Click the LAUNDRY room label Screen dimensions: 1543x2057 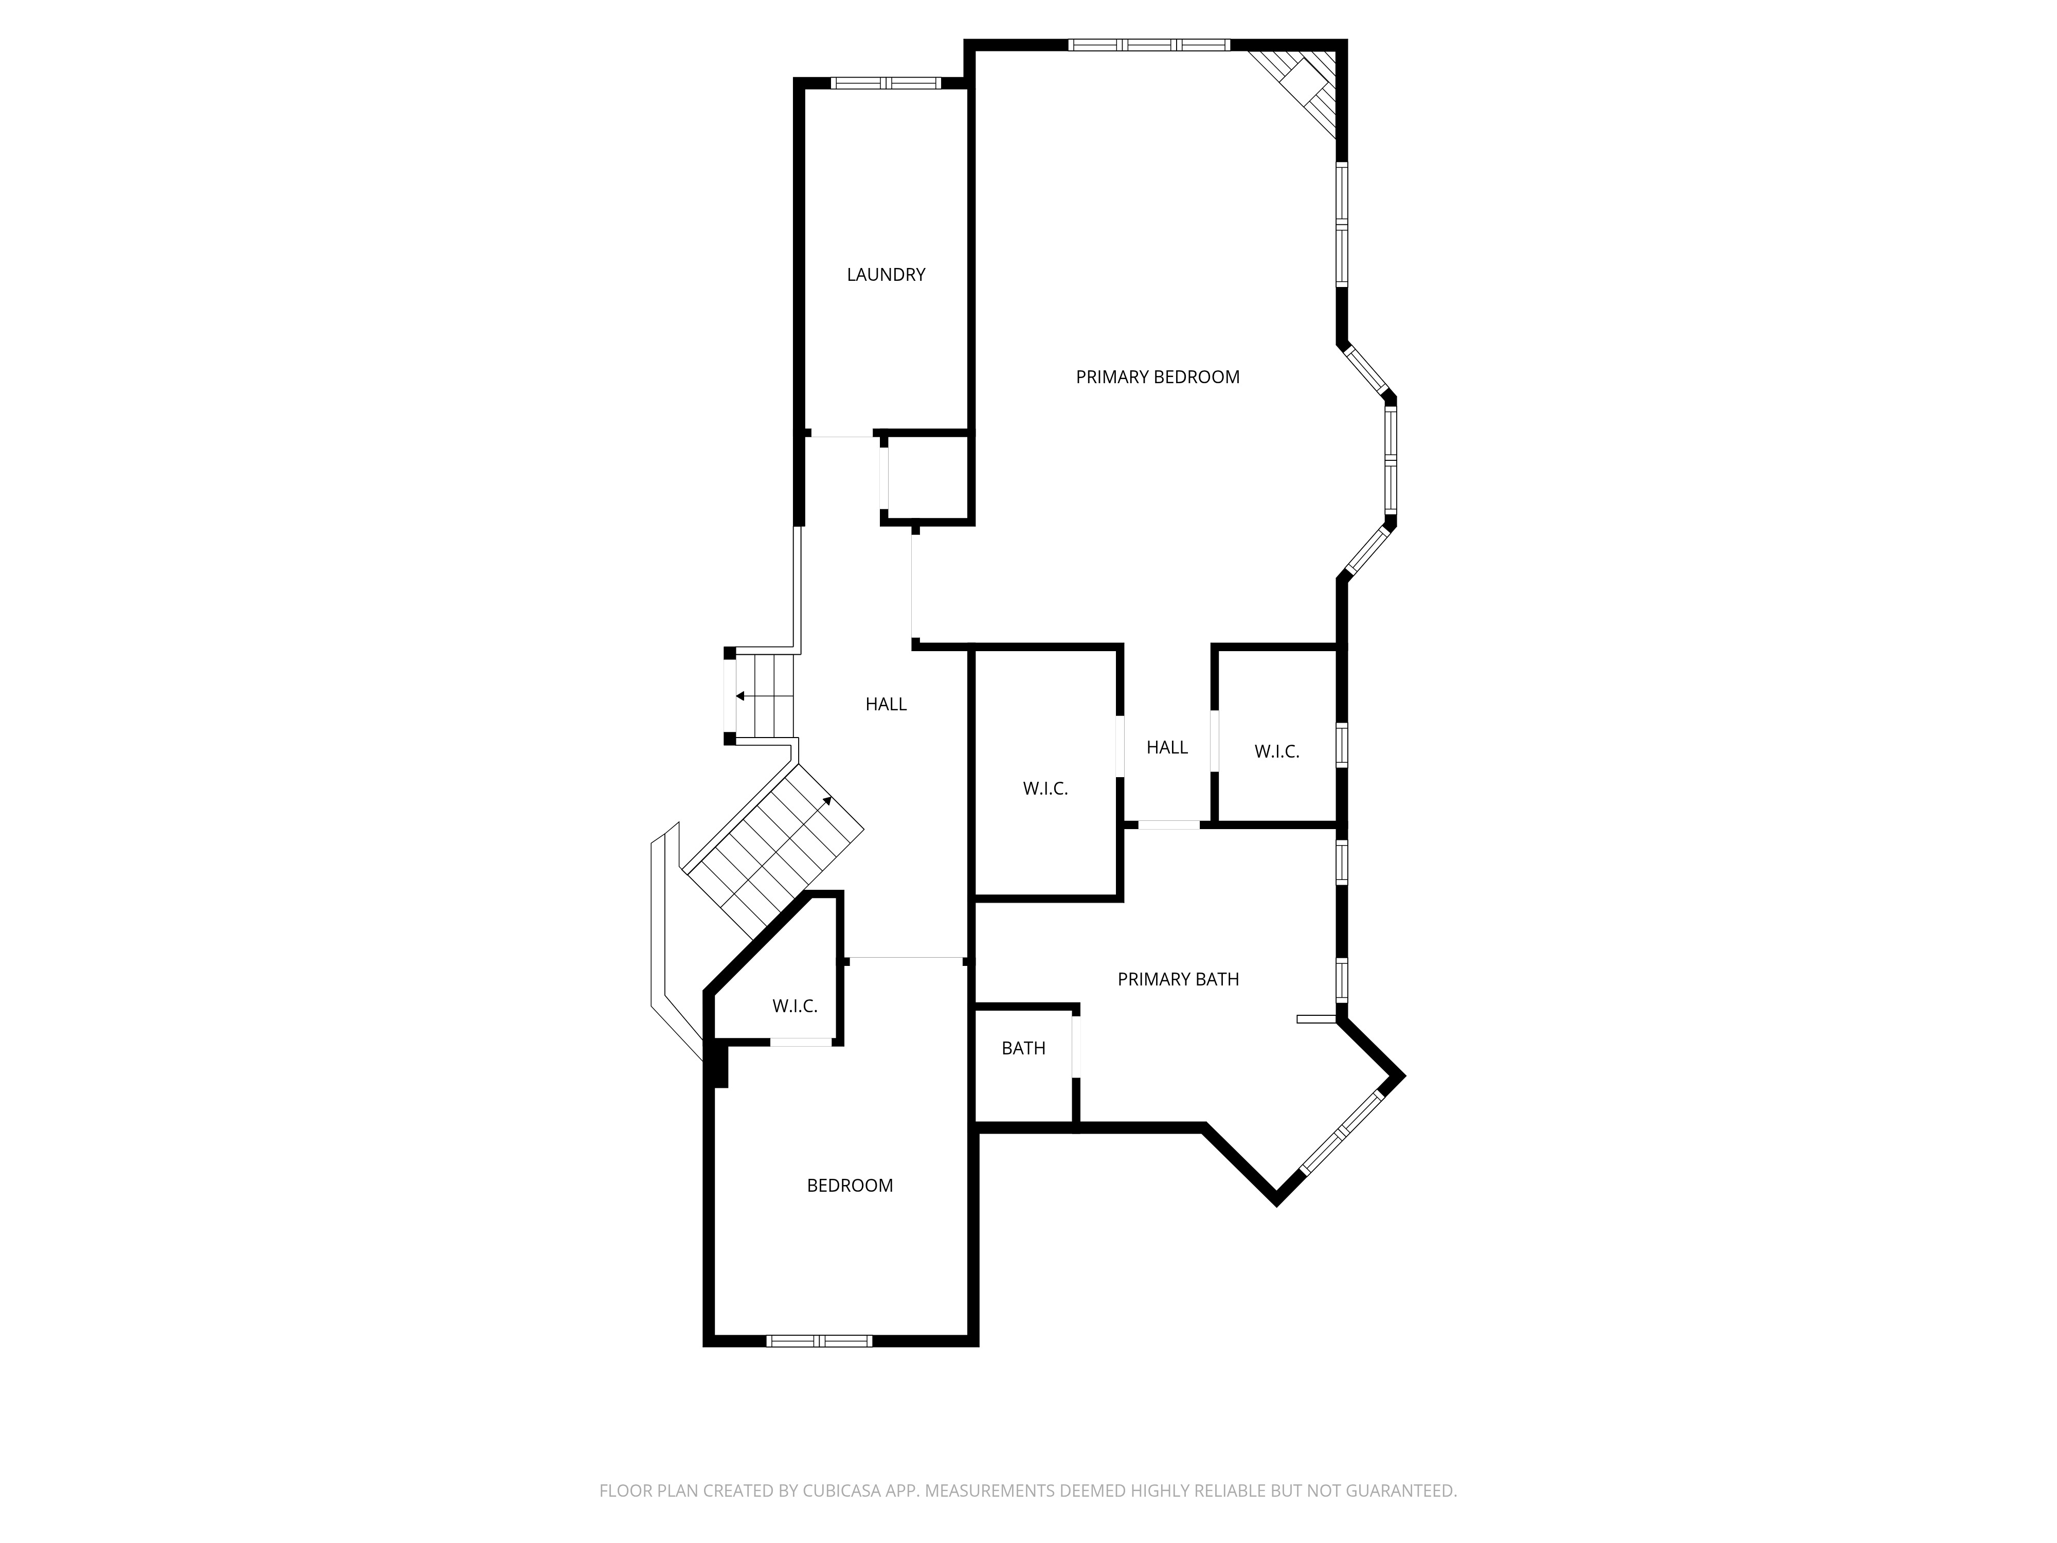point(886,274)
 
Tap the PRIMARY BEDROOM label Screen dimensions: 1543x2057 point(1157,376)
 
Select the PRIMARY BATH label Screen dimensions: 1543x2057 point(1177,978)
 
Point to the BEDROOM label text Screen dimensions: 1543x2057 point(849,1185)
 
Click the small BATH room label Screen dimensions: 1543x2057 point(1023,1048)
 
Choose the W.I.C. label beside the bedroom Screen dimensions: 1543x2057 point(794,1006)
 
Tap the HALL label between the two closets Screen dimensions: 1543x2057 point(1166,747)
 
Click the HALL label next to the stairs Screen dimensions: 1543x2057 point(886,704)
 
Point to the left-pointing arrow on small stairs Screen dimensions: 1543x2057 point(740,696)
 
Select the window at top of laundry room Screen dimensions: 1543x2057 point(886,83)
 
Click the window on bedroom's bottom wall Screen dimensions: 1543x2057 point(818,1340)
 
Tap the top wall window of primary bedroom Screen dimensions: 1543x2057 point(1148,45)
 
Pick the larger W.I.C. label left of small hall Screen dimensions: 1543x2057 point(1045,788)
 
